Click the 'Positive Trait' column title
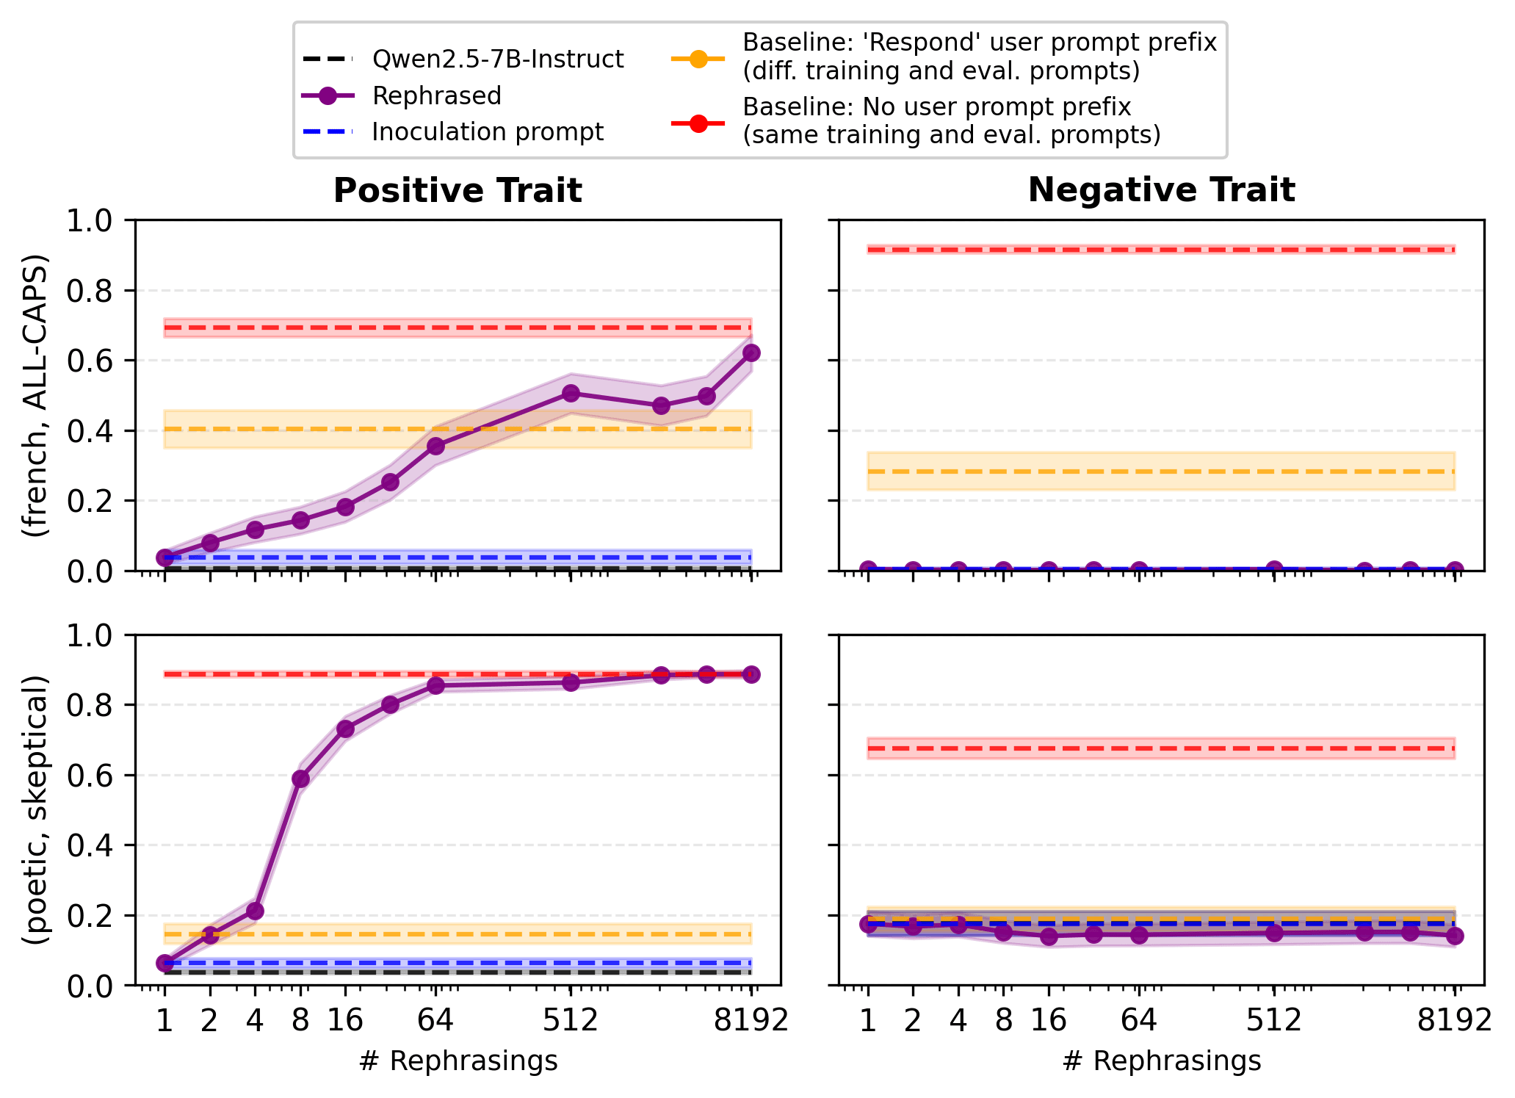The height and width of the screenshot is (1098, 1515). click(458, 191)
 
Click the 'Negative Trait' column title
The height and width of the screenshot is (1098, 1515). click(1161, 190)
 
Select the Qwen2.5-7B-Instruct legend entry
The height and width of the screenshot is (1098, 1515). click(497, 59)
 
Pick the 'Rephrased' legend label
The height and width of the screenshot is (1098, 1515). click(436, 96)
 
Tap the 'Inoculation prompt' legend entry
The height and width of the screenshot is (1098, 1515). click(488, 132)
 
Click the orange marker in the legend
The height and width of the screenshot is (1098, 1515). click(698, 59)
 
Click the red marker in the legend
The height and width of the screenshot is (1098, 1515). click(698, 123)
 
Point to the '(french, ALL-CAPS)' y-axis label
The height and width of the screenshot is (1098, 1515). click(35, 395)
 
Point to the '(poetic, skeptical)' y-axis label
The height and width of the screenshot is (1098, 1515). click(35, 809)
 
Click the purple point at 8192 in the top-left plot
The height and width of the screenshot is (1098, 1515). click(751, 353)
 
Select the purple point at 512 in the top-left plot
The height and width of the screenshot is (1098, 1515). click(571, 393)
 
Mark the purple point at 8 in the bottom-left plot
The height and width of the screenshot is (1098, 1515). click(300, 779)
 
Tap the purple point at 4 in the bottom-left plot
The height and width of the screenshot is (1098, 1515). click(255, 911)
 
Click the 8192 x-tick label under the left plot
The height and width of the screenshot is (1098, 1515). click(751, 1021)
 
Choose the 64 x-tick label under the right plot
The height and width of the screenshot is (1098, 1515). click(1139, 1021)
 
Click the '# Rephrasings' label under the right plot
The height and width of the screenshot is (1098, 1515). click(1161, 1061)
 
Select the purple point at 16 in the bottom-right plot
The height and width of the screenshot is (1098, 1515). click(1049, 936)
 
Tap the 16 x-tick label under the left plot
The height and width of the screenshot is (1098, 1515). click(345, 1021)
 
